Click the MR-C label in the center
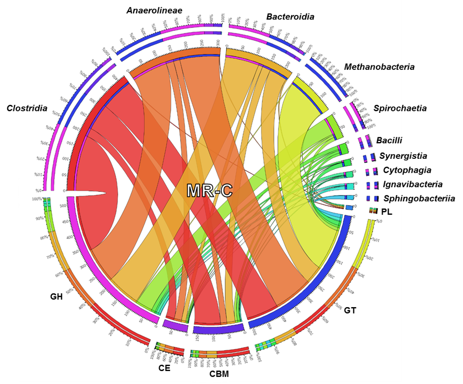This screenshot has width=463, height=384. tap(210, 190)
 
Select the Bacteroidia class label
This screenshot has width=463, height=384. tap(290, 16)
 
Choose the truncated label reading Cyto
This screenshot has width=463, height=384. tap(392, 170)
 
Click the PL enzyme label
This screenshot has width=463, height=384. tap(387, 212)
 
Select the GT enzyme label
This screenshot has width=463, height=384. tap(350, 310)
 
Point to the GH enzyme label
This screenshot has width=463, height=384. tap(56, 297)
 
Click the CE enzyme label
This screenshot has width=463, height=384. tap(164, 368)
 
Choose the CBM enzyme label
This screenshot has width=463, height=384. tap(220, 373)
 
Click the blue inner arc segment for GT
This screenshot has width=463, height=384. tap(319, 280)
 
